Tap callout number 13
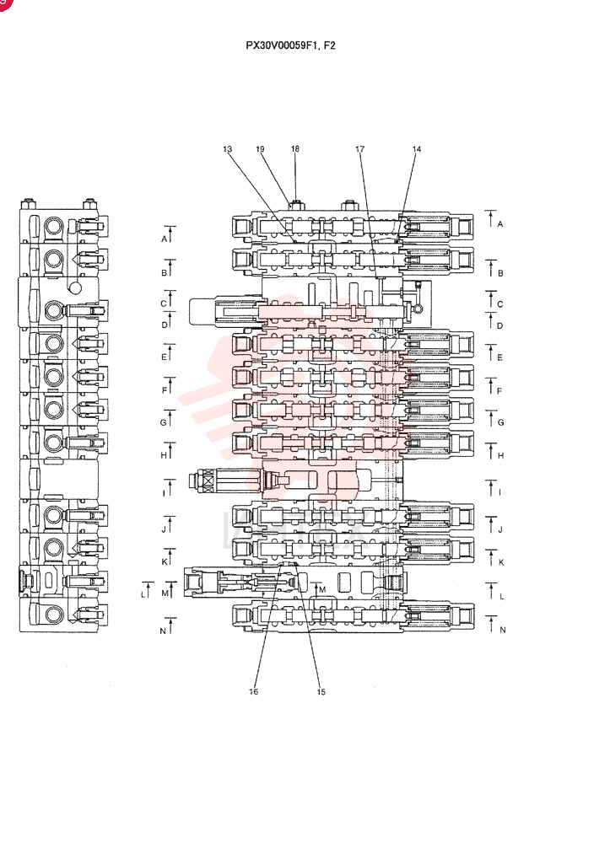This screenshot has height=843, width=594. click(228, 149)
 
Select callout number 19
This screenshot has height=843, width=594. click(261, 149)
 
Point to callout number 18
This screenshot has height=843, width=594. click(295, 149)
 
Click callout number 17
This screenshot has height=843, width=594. click(360, 149)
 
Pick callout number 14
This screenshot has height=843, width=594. click(417, 149)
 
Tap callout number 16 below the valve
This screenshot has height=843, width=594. click(253, 691)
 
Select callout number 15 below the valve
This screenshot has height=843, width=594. click(321, 691)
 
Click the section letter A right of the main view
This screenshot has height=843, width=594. click(500, 224)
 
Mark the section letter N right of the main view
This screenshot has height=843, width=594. click(503, 630)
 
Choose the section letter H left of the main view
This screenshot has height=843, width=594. click(164, 455)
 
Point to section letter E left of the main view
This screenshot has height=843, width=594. click(164, 357)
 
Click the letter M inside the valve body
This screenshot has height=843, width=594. click(323, 589)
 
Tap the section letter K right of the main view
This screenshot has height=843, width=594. click(501, 562)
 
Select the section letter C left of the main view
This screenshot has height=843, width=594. click(164, 303)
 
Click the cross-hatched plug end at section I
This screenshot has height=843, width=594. click(204, 480)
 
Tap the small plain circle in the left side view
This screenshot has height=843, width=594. click(76, 288)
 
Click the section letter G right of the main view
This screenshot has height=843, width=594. click(501, 422)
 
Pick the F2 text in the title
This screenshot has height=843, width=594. click(330, 46)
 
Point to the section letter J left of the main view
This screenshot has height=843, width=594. click(164, 529)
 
